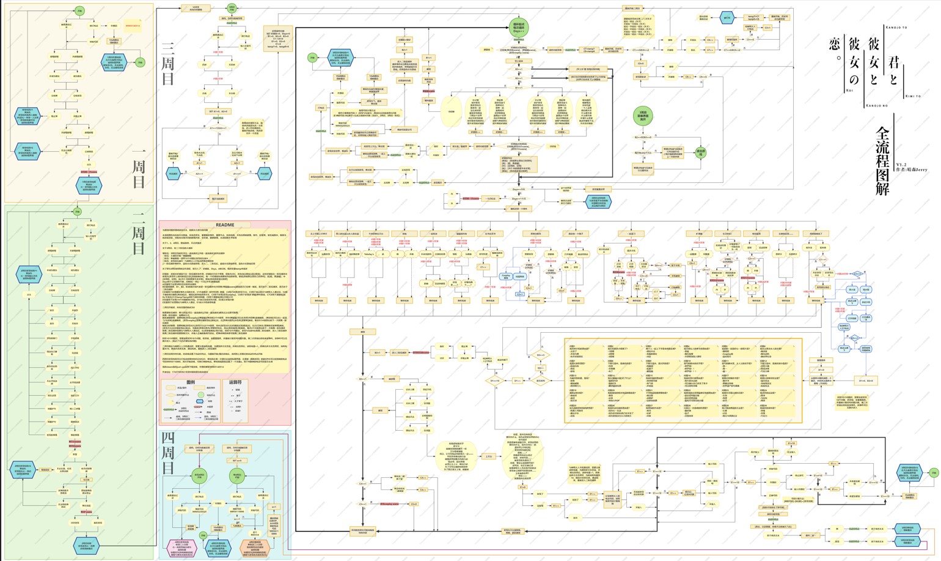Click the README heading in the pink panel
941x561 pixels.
click(225, 225)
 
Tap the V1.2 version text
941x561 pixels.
click(901, 165)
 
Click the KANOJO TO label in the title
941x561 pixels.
click(896, 28)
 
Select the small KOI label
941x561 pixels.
click(849, 91)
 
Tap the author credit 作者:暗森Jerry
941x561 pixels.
click(911, 169)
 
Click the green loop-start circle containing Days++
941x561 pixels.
click(519, 28)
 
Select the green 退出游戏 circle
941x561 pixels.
click(701, 152)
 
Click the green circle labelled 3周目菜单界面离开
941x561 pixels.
click(643, 116)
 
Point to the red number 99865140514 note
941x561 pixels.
click(133, 26)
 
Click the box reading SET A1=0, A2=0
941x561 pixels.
click(218, 111)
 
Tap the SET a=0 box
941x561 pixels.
click(236, 461)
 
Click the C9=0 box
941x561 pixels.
click(640, 64)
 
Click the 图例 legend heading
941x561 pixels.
click(190, 382)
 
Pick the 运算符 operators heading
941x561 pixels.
click(235, 382)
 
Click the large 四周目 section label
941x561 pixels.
click(168, 453)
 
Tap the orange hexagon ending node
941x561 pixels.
click(254, 548)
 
